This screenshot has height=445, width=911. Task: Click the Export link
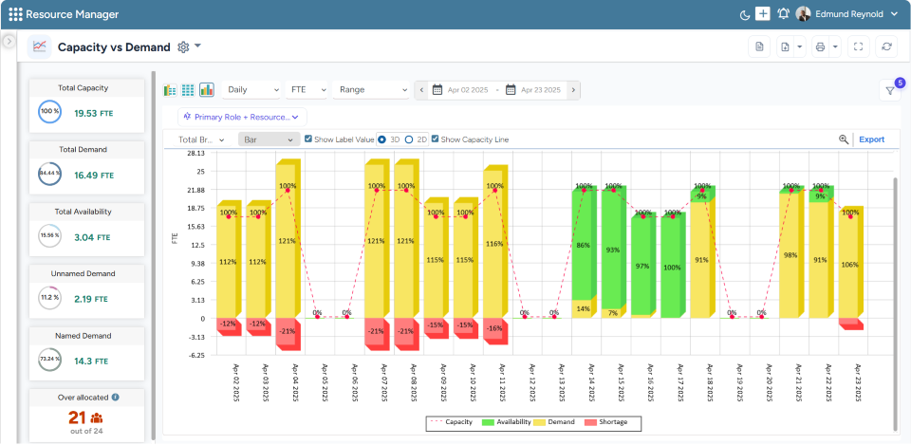[x=871, y=139]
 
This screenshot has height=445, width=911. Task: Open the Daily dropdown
[x=250, y=90]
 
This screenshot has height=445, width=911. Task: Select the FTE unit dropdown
[x=306, y=90]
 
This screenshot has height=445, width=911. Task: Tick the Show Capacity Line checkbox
[x=436, y=139]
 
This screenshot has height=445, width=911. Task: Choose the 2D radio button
[x=409, y=139]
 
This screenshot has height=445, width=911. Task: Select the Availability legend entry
[x=509, y=421]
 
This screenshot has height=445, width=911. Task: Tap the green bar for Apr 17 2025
[x=671, y=267]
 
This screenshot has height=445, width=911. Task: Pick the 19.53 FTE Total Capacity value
[x=94, y=113]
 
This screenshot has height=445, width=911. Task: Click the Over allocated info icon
[x=116, y=398]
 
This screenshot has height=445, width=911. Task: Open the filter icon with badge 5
[x=890, y=91]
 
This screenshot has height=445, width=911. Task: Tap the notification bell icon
[x=783, y=14]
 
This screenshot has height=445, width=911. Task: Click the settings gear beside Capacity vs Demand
[x=183, y=46]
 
